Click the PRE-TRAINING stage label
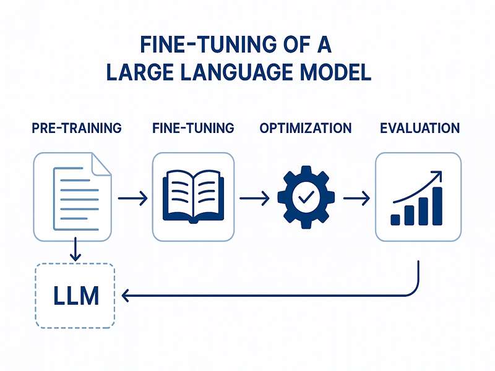click(x=76, y=129)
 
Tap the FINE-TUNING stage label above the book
click(x=193, y=129)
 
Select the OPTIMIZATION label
click(x=306, y=129)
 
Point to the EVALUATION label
click(x=420, y=129)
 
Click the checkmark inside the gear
click(x=306, y=198)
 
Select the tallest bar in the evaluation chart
click(x=437, y=205)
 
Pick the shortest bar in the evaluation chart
click(x=395, y=219)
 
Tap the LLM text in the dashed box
click(x=73, y=296)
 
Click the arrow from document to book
click(x=132, y=198)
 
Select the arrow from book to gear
click(x=254, y=198)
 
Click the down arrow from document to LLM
click(x=75, y=249)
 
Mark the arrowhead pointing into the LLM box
click(x=126, y=297)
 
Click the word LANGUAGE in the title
click(x=234, y=72)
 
